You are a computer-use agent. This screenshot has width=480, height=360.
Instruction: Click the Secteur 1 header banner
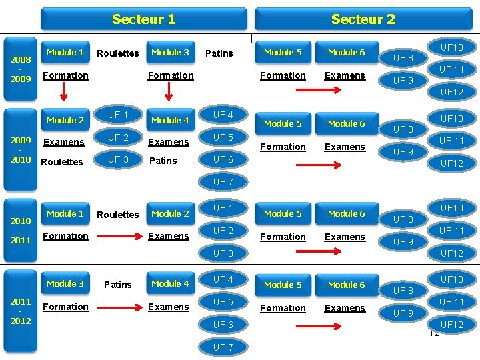[144, 19]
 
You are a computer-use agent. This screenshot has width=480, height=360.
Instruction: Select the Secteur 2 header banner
[363, 19]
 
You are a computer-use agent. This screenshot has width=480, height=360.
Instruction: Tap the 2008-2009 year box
[21, 69]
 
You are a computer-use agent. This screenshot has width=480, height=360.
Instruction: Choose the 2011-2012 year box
[21, 311]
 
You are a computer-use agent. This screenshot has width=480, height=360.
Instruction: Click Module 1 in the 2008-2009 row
[65, 53]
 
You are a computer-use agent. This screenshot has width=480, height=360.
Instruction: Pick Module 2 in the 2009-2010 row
[65, 120]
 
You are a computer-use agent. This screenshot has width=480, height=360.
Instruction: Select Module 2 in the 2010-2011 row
[171, 214]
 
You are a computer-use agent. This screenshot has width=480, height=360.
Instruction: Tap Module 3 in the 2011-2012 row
[65, 283]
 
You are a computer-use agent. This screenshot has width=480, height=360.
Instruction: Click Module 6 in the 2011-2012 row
[347, 285]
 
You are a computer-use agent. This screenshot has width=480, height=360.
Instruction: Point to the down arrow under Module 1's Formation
[63, 91]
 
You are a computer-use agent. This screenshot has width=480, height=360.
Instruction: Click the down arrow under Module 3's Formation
[169, 91]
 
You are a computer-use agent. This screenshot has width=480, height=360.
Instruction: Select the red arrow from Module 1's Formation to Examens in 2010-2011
[120, 236]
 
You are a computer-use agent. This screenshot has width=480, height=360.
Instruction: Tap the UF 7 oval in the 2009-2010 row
[223, 182]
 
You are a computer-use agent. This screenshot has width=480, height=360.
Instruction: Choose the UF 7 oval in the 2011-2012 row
[223, 347]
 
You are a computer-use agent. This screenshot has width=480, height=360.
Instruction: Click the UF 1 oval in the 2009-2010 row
[118, 115]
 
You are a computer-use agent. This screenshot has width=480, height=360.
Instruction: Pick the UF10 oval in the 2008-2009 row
[452, 47]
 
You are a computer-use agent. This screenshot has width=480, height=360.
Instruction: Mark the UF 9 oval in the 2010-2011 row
[403, 242]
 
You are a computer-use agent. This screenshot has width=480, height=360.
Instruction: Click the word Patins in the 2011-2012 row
[118, 285]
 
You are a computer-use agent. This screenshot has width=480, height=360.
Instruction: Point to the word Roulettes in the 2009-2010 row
[62, 161]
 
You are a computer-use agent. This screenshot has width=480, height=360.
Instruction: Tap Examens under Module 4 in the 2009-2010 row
[169, 143]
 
